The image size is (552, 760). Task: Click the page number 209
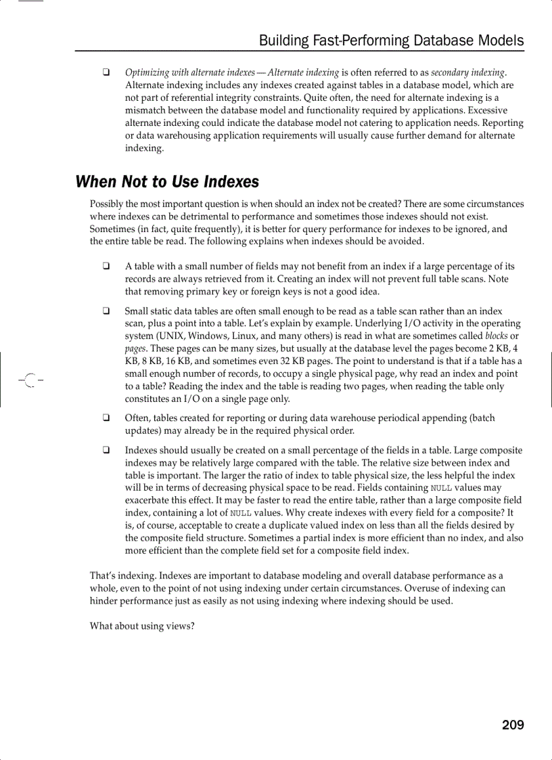coord(513,725)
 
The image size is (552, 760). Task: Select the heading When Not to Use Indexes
coord(167,182)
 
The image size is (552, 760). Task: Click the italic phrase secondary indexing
coord(468,72)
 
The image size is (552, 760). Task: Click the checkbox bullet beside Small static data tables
coord(107,311)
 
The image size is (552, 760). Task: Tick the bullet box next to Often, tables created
coord(107,418)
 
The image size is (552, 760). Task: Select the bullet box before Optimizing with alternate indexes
coord(107,72)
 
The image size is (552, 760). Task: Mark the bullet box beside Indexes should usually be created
coord(107,451)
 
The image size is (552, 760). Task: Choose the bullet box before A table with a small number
coord(107,267)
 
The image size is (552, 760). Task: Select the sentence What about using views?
coord(142,626)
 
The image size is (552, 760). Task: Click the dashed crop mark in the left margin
coord(29,380)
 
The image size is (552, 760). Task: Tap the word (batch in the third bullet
coord(482,418)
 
